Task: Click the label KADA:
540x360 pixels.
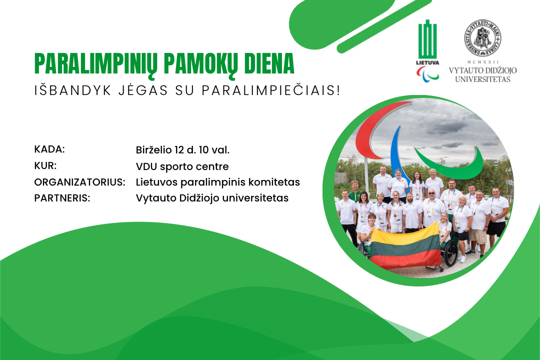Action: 49,149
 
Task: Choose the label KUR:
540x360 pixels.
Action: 45,165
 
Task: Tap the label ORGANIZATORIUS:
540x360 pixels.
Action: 79,182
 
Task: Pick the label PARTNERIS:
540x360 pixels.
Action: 62,198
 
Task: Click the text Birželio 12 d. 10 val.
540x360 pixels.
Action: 182,150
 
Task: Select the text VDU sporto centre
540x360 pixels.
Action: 182,166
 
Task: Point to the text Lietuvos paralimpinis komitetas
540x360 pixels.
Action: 217,182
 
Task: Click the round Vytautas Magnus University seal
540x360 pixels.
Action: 482,38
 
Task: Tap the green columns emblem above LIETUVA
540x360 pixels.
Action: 427,39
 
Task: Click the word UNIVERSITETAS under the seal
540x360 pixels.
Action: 482,79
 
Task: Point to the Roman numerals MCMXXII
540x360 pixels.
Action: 482,62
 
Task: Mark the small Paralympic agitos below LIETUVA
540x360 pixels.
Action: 427,74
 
